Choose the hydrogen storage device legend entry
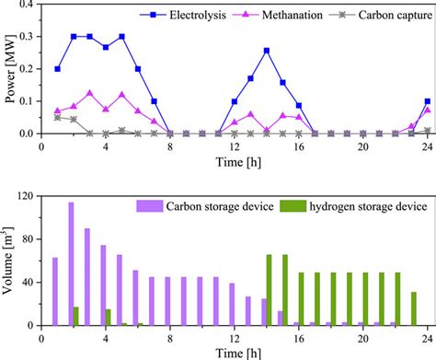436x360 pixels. [x=352, y=205]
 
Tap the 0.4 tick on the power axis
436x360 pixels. [x=29, y=5]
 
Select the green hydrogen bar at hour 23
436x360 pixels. [x=414, y=308]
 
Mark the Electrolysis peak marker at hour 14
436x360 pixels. [x=267, y=51]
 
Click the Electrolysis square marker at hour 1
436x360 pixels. [x=57, y=69]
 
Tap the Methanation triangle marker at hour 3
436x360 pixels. [x=89, y=93]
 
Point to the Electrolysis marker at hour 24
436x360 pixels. [x=428, y=101]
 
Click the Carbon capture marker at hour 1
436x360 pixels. [x=57, y=117]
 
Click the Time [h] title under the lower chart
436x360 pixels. [x=235, y=352]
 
